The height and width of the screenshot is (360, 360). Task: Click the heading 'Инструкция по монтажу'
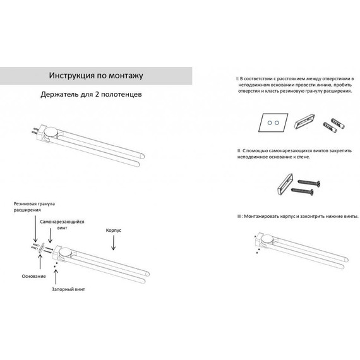[x=96, y=76]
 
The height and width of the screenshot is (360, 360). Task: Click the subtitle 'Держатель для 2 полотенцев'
[x=91, y=94]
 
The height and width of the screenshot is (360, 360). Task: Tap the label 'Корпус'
[x=114, y=231]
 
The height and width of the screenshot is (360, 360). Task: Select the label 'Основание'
[x=33, y=276]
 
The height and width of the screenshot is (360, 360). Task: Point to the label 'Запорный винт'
[x=68, y=289]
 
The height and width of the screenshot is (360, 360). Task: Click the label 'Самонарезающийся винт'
[x=62, y=225]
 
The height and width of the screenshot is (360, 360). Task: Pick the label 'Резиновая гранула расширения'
[x=34, y=207]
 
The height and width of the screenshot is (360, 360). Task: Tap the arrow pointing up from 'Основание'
[x=40, y=261]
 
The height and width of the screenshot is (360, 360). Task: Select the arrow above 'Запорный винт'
[x=56, y=277]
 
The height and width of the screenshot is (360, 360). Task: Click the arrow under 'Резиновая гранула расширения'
[x=35, y=229]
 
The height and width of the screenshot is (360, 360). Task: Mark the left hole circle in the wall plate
[x=270, y=123]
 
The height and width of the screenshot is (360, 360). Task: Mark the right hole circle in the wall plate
[x=277, y=123]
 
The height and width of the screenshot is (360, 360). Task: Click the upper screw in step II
[x=309, y=183]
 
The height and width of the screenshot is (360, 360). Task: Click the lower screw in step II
[x=303, y=191]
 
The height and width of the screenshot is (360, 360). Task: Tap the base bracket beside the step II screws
[x=285, y=184]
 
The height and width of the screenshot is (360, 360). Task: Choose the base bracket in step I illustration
[x=304, y=121]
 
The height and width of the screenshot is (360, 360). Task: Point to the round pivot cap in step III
[x=267, y=239]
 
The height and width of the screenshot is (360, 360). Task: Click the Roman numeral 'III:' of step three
[x=240, y=216]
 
